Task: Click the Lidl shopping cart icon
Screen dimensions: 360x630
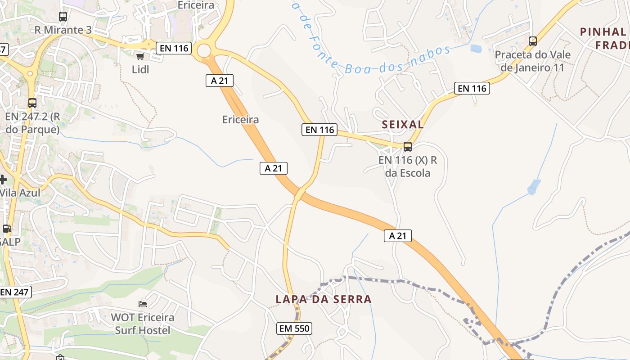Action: (140, 56)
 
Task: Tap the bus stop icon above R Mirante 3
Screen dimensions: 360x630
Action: (63, 17)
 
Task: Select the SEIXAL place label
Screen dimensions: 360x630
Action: (403, 125)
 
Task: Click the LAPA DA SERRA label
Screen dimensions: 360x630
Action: (324, 299)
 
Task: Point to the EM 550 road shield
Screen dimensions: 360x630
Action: (295, 328)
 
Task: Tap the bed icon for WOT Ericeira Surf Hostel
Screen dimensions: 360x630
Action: (143, 304)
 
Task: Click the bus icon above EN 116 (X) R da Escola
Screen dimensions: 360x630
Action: (408, 146)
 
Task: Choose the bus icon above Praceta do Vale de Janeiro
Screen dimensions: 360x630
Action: (533, 41)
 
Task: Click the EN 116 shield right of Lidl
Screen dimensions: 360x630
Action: (174, 48)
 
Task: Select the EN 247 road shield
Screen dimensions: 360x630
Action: (14, 292)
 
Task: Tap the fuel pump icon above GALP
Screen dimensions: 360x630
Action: (7, 229)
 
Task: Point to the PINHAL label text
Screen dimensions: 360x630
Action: (603, 32)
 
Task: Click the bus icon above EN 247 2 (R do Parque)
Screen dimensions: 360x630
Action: (32, 103)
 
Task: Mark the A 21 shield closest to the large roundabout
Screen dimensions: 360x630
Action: (220, 81)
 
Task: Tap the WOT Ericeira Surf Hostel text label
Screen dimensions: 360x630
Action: (143, 324)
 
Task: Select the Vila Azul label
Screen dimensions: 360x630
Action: (20, 193)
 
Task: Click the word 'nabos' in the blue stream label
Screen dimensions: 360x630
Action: (432, 53)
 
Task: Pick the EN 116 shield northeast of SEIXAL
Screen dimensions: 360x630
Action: (472, 89)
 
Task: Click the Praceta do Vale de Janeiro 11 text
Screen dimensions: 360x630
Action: (533, 61)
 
